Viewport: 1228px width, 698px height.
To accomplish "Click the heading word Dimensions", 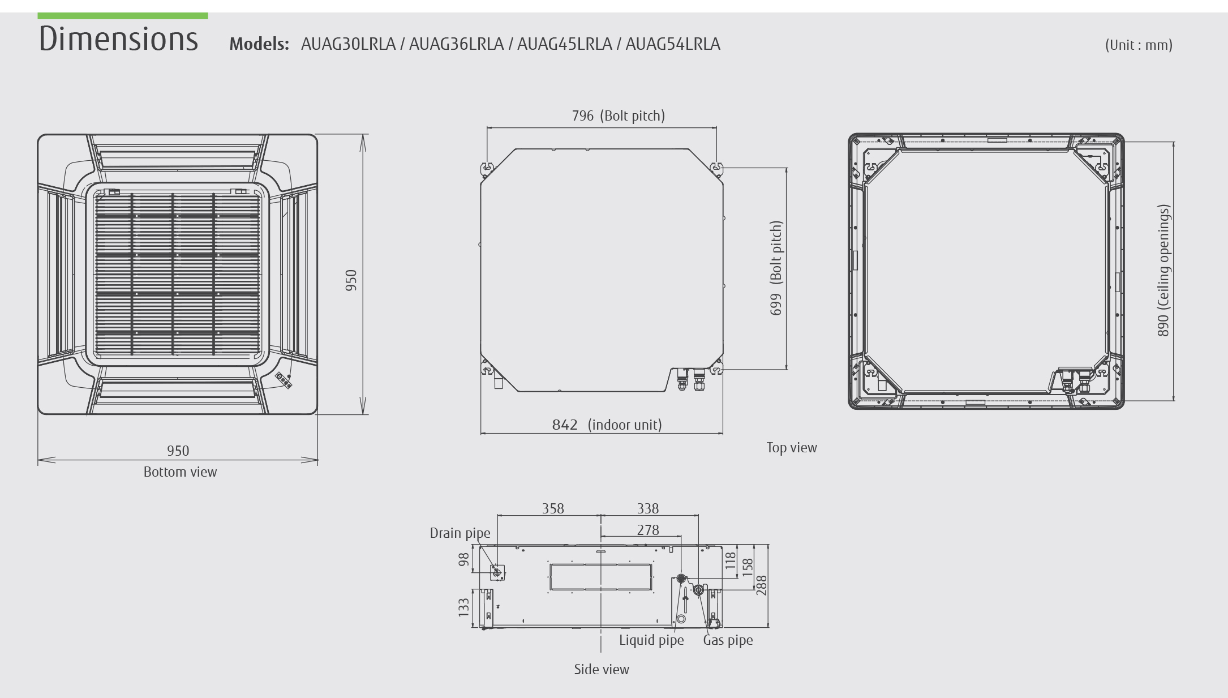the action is tap(119, 38).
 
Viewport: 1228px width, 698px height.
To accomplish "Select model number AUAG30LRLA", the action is tap(348, 44).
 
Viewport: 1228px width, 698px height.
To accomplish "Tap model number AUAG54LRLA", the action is tap(673, 44).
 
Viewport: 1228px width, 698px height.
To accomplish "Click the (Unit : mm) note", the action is tap(1139, 45).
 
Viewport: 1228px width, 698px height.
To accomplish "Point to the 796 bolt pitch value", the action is tap(583, 115).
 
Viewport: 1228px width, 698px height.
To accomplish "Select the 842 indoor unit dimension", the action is tap(565, 425).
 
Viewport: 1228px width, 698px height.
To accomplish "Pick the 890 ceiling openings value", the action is tap(1163, 325).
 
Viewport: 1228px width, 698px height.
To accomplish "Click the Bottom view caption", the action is tap(180, 472).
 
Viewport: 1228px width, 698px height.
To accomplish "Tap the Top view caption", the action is tap(792, 448).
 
